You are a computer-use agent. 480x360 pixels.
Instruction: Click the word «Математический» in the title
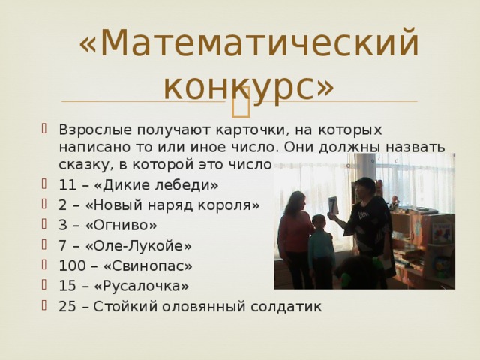[248, 43]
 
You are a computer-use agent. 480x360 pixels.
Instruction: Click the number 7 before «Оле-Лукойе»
[62, 246]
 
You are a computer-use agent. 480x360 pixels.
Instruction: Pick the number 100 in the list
[70, 266]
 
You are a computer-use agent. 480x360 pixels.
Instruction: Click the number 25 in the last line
[66, 307]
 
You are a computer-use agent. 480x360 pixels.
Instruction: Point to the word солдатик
[291, 307]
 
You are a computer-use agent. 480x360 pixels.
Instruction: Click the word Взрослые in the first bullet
[91, 129]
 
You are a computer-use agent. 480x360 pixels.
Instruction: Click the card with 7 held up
[332, 205]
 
